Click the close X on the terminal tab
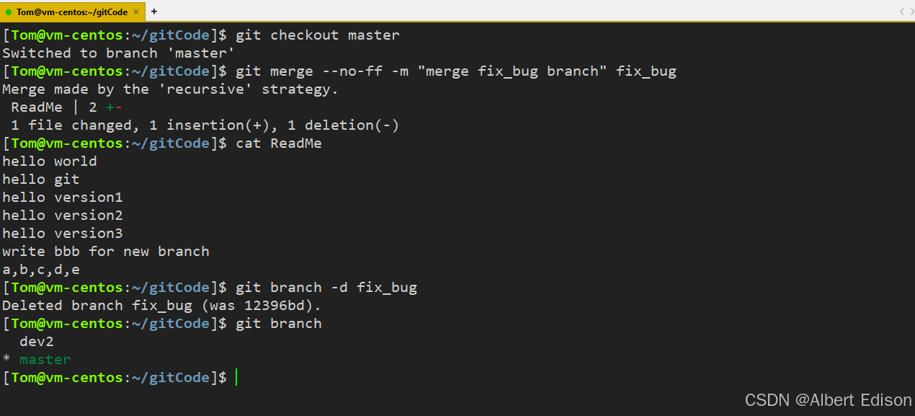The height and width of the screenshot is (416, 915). (x=136, y=12)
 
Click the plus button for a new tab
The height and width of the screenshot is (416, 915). (x=154, y=12)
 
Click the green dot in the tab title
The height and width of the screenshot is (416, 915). (x=9, y=12)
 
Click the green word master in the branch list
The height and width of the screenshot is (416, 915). (x=45, y=360)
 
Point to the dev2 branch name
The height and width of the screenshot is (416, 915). (x=36, y=342)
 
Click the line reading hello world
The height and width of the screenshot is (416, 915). (x=49, y=161)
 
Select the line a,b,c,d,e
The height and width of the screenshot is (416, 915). (x=40, y=270)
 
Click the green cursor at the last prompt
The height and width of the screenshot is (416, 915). (x=236, y=378)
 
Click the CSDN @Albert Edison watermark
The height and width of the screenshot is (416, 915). (x=828, y=399)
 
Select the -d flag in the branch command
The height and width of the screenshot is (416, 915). (x=339, y=288)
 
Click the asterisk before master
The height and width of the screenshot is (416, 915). (x=6, y=360)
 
